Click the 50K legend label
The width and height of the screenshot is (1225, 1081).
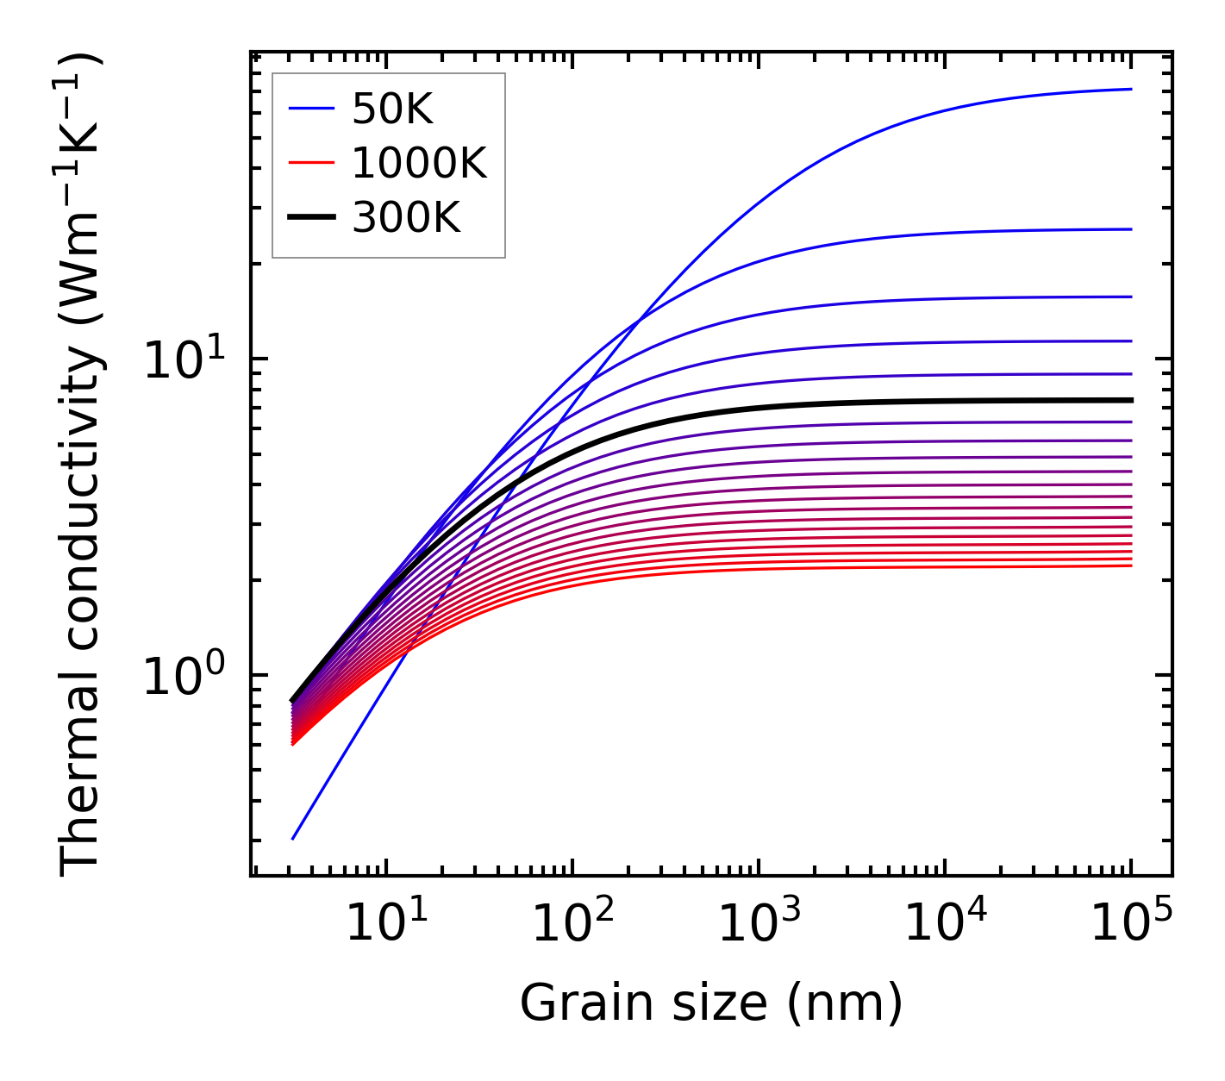click(x=392, y=109)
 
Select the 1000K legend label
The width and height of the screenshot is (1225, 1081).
click(x=419, y=164)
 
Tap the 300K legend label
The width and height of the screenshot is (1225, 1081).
click(x=406, y=218)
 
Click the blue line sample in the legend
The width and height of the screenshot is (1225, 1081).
click(x=311, y=109)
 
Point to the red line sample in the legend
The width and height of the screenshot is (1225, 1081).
click(x=311, y=163)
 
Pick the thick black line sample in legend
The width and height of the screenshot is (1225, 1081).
click(x=311, y=217)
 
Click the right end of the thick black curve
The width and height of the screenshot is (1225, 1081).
click(x=1131, y=400)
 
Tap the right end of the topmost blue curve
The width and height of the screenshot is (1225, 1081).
click(x=1131, y=89)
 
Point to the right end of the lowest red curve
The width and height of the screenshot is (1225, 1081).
click(x=1131, y=565)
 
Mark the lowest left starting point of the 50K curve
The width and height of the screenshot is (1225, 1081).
click(x=293, y=839)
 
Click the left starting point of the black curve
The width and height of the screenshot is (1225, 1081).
click(x=293, y=700)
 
